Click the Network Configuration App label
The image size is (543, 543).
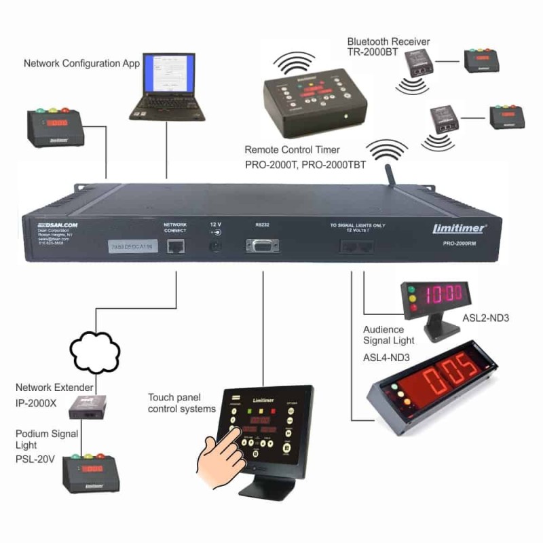click(x=81, y=64)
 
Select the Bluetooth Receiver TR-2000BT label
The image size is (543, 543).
click(x=388, y=48)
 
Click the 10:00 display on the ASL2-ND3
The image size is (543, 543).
click(x=443, y=294)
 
